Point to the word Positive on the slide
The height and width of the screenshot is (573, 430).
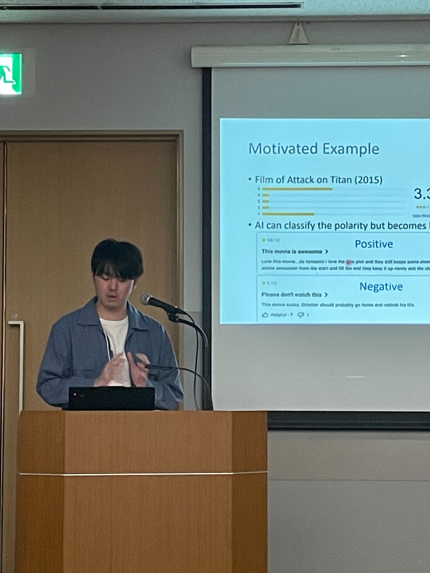point(374,244)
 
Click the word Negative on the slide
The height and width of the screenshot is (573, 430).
point(381,286)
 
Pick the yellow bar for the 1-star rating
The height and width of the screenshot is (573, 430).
point(288,214)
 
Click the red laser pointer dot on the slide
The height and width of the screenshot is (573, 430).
point(349,262)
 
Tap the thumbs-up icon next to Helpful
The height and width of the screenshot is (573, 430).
point(265,315)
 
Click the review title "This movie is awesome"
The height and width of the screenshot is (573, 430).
point(292,251)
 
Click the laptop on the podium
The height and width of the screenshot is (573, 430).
point(111,398)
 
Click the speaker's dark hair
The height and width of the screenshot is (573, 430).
point(117,258)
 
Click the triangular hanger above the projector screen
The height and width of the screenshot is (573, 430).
point(298,34)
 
